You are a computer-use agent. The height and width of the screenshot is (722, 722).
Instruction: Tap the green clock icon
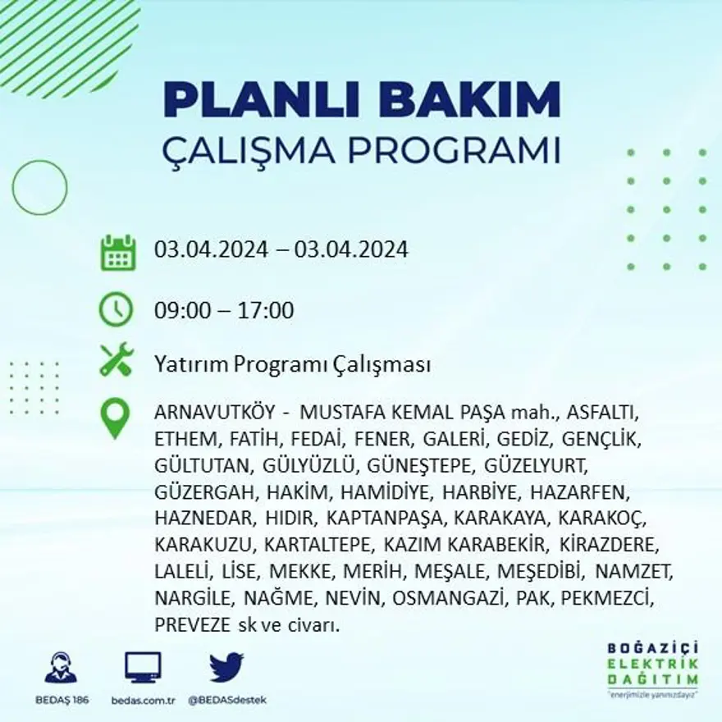[116, 309]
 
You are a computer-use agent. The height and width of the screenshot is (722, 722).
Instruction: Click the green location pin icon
[115, 417]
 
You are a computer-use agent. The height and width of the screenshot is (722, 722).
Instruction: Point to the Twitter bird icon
[226, 668]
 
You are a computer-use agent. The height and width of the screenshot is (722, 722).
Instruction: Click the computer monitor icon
[143, 668]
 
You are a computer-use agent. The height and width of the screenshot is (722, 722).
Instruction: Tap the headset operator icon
[60, 668]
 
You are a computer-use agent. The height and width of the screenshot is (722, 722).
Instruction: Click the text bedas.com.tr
[143, 700]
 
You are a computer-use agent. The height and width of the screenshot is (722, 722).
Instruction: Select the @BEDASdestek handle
[227, 700]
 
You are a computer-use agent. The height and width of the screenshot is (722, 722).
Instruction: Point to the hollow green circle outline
[39, 188]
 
